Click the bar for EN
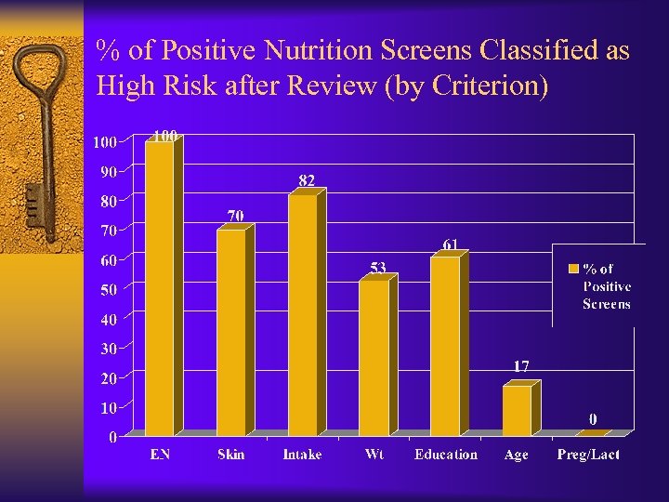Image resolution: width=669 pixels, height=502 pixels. (x=159, y=288)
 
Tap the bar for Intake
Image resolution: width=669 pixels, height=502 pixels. (x=302, y=315)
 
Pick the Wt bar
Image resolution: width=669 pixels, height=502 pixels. (x=374, y=358)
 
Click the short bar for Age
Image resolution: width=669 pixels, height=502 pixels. (x=517, y=411)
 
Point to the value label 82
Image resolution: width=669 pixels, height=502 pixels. (x=306, y=179)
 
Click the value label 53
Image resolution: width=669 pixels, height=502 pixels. (x=377, y=268)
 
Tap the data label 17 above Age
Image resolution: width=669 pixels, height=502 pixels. (x=521, y=366)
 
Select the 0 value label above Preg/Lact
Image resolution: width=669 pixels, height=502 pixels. (x=592, y=419)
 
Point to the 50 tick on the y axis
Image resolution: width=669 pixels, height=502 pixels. (x=108, y=290)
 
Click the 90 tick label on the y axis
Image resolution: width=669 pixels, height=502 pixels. (x=108, y=172)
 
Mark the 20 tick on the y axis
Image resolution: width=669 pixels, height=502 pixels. (x=108, y=378)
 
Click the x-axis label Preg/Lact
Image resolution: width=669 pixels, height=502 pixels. (x=588, y=455)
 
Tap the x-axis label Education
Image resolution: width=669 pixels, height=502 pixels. (x=446, y=455)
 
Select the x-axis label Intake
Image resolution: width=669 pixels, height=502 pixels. (x=303, y=455)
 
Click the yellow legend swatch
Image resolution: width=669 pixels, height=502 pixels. (x=572, y=270)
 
